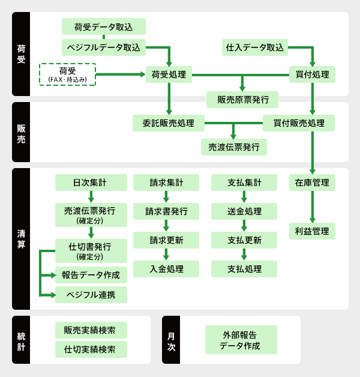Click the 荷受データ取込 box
point(104,26)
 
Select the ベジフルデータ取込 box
point(104,47)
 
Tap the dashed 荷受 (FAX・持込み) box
point(67,74)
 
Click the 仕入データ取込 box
point(255,47)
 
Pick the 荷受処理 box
point(169,74)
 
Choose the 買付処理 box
point(312,74)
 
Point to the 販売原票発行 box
point(242,99)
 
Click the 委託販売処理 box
point(169,123)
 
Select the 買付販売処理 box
point(299,123)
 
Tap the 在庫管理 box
point(312,182)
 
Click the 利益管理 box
point(312,231)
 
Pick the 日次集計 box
point(91,182)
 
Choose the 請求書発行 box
point(166,211)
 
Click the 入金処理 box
point(166,269)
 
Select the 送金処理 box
point(244,211)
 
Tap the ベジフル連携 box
point(91,295)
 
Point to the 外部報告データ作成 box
point(241,340)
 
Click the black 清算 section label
point(21,239)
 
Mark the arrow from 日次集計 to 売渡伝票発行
point(91,197)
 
